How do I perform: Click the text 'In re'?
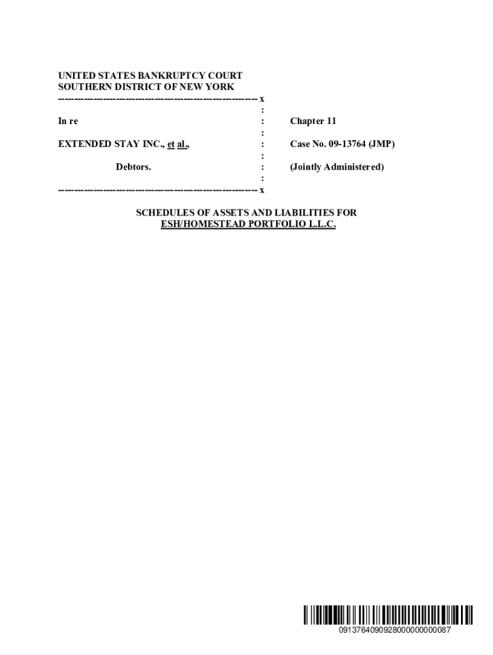(69, 122)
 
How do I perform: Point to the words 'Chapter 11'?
(313, 122)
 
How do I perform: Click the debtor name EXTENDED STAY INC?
(110, 145)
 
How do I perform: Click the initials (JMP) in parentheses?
(382, 145)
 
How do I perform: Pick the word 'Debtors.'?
(133, 168)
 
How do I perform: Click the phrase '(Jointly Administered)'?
(337, 168)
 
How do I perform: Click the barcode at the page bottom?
(389, 615)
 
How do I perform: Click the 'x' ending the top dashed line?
(262, 99)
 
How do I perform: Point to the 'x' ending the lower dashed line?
(262, 191)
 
